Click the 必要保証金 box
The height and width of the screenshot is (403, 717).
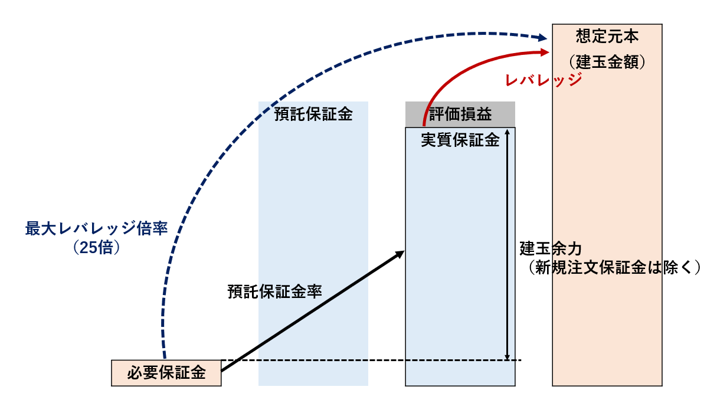click(x=166, y=373)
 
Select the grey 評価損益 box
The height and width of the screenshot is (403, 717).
click(x=460, y=114)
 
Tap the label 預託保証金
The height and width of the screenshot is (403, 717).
click(x=313, y=114)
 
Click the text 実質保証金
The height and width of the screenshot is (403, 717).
click(x=460, y=140)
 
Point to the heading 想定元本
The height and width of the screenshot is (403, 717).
click(x=607, y=37)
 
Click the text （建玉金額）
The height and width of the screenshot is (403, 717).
click(x=607, y=61)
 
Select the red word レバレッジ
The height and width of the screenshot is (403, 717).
click(x=543, y=81)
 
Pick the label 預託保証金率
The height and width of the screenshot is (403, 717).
click(x=274, y=291)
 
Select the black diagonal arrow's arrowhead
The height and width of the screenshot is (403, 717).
click(x=400, y=254)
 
